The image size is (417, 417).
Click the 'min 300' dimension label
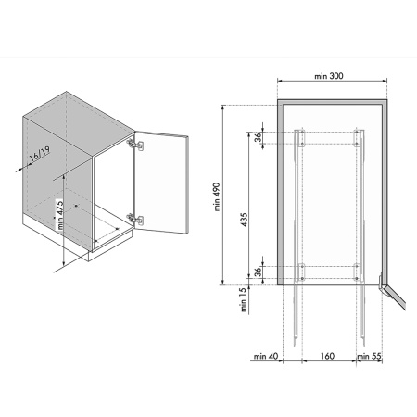pos(329,76)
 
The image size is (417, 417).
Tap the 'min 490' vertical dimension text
pos(217,196)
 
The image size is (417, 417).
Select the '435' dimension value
pos(244,220)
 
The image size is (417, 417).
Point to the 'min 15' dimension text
pos(244,299)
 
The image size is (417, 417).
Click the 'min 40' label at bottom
pos(266,356)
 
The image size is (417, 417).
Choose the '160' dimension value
pos(327,356)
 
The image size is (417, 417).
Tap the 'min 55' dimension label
pos(369,356)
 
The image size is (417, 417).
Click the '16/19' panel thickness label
pos(39,155)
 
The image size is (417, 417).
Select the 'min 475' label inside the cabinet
pos(60,215)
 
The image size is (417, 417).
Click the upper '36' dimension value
pos(259,136)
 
